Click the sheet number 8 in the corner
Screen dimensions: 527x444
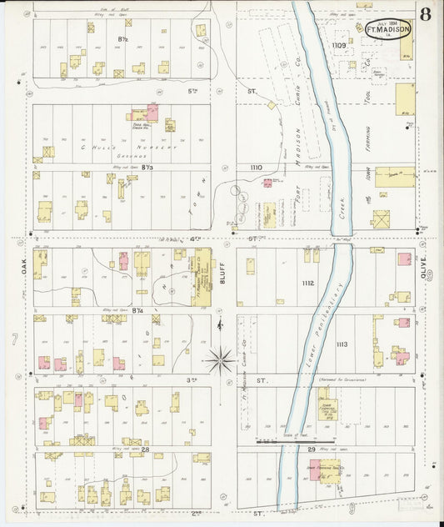(x=426, y=13)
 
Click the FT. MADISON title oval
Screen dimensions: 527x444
(x=387, y=29)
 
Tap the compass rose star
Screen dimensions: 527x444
(x=221, y=360)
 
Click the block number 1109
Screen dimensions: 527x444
(x=338, y=45)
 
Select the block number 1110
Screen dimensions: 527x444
(x=257, y=167)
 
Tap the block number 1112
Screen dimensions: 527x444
(x=308, y=284)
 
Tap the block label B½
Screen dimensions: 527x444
(x=122, y=39)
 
